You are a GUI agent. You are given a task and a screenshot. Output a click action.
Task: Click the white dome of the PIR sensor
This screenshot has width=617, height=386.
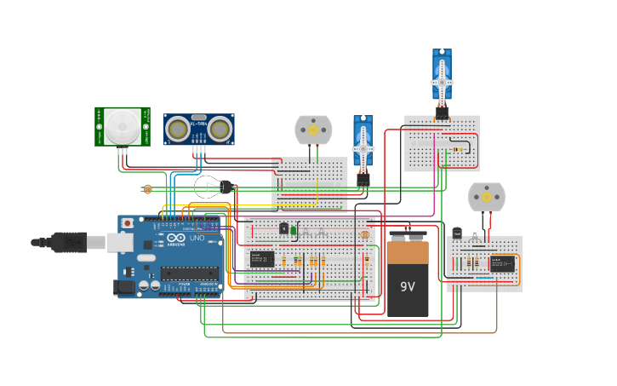coord(123,127)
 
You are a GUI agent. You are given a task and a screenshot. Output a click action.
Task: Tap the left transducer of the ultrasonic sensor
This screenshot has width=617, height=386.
coord(178,130)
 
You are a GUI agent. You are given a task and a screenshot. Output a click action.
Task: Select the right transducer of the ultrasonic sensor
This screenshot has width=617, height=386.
coord(220,130)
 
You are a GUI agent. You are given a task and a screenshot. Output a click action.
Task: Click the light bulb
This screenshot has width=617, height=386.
coord(209,187)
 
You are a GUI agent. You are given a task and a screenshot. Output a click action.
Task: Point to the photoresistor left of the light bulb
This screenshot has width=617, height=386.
coord(147,189)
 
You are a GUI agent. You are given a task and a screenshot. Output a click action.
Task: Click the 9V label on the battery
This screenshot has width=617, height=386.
coord(408,286)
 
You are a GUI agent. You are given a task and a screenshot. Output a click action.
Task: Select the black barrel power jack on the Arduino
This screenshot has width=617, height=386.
coord(123,288)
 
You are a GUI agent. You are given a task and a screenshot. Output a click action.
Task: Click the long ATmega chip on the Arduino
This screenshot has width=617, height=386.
coord(189,274)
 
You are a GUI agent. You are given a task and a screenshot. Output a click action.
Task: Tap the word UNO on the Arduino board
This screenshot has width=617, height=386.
coord(196,238)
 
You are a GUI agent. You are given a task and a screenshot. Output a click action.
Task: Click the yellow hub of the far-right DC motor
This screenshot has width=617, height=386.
coord(487,197)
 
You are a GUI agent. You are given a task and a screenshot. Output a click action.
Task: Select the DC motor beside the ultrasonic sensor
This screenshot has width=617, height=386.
coord(313,130)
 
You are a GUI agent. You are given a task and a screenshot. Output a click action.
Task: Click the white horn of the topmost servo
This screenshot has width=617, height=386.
coord(442,80)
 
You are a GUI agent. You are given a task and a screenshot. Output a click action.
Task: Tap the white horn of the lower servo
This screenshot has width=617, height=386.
coord(363,147)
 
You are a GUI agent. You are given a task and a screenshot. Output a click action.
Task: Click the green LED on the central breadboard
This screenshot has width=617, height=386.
coord(293,229)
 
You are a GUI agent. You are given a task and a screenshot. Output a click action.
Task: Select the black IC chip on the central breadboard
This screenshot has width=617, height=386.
coord(262,259)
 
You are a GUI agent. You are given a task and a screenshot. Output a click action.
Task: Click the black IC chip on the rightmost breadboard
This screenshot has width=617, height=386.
coord(502,263)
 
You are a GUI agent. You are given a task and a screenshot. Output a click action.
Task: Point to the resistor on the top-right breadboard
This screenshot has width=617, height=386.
coord(459,149)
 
